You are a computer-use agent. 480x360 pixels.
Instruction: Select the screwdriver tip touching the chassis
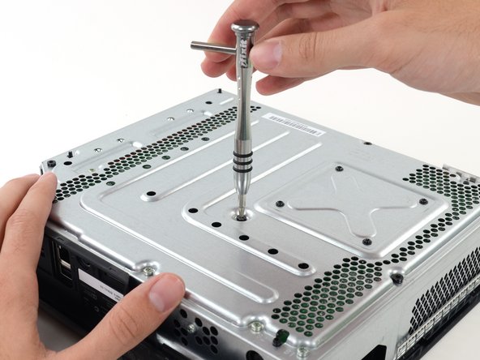[x=241, y=214]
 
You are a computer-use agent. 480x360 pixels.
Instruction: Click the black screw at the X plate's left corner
[x=279, y=204]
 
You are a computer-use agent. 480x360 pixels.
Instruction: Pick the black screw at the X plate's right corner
[x=422, y=201]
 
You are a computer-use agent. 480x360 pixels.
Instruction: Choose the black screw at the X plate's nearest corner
[x=366, y=242]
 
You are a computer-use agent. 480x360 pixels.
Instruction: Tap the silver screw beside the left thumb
[x=149, y=271]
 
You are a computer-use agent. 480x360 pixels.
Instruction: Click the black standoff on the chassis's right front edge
[x=397, y=278]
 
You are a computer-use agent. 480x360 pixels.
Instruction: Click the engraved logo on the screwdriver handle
[x=246, y=56]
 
